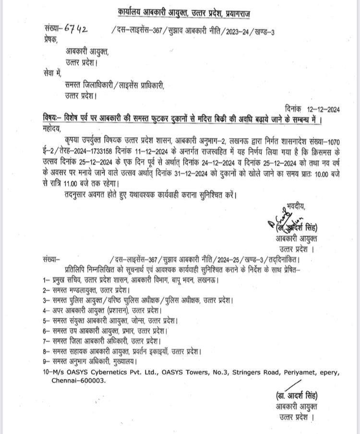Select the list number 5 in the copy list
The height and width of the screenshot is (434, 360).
[x=45, y=320]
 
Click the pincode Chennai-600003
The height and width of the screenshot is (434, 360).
[x=79, y=380]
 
